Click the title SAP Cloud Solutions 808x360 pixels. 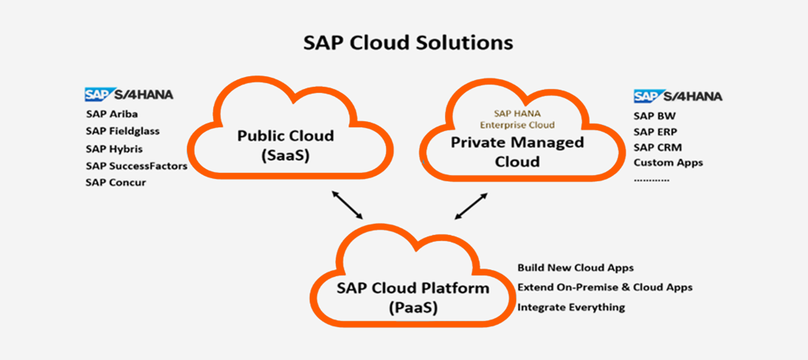(x=408, y=43)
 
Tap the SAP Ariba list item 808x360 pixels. (x=111, y=114)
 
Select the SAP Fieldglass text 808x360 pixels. (x=123, y=132)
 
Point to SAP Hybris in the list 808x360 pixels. (x=114, y=149)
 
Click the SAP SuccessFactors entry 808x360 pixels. (x=137, y=166)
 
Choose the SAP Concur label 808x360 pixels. (x=116, y=183)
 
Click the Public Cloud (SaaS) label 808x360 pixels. (x=286, y=145)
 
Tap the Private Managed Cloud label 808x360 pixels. (x=518, y=152)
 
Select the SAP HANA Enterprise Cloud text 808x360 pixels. (x=517, y=118)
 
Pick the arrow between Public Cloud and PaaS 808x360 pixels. (x=347, y=204)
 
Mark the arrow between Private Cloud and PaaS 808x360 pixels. (x=471, y=206)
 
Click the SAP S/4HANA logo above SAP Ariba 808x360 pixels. (x=129, y=94)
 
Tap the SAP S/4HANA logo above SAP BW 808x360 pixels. (x=678, y=97)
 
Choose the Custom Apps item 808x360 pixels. (x=668, y=163)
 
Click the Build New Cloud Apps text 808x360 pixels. (x=575, y=268)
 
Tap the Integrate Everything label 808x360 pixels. (x=571, y=308)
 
